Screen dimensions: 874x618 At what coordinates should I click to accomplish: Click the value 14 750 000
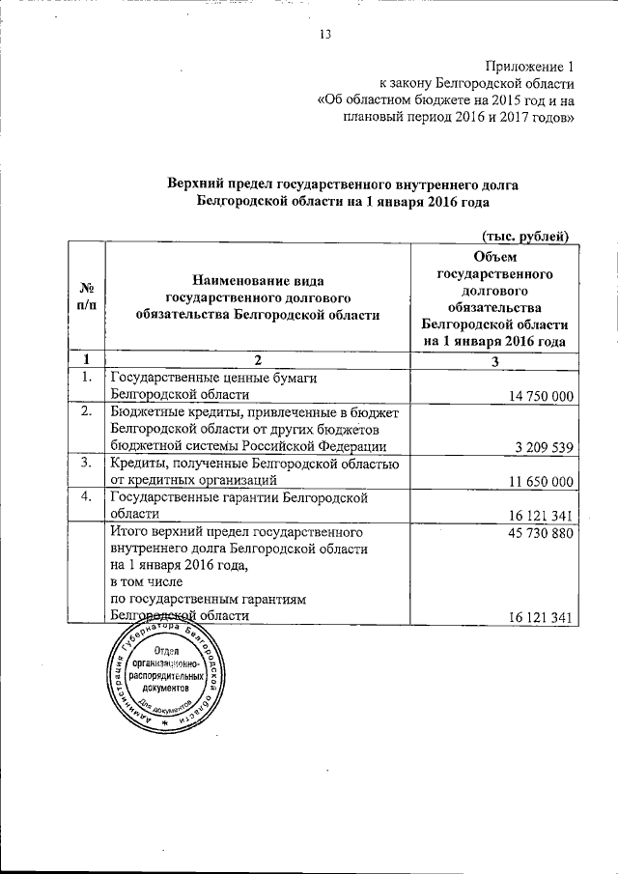(x=536, y=395)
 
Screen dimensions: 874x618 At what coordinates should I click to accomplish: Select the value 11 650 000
(x=536, y=481)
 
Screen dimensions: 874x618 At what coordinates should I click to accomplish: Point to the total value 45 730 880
(x=536, y=533)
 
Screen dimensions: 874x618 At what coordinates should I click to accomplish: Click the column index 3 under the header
(x=494, y=361)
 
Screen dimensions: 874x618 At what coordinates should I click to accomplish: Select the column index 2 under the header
(x=258, y=361)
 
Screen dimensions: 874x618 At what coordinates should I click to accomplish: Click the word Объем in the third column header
(x=494, y=255)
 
